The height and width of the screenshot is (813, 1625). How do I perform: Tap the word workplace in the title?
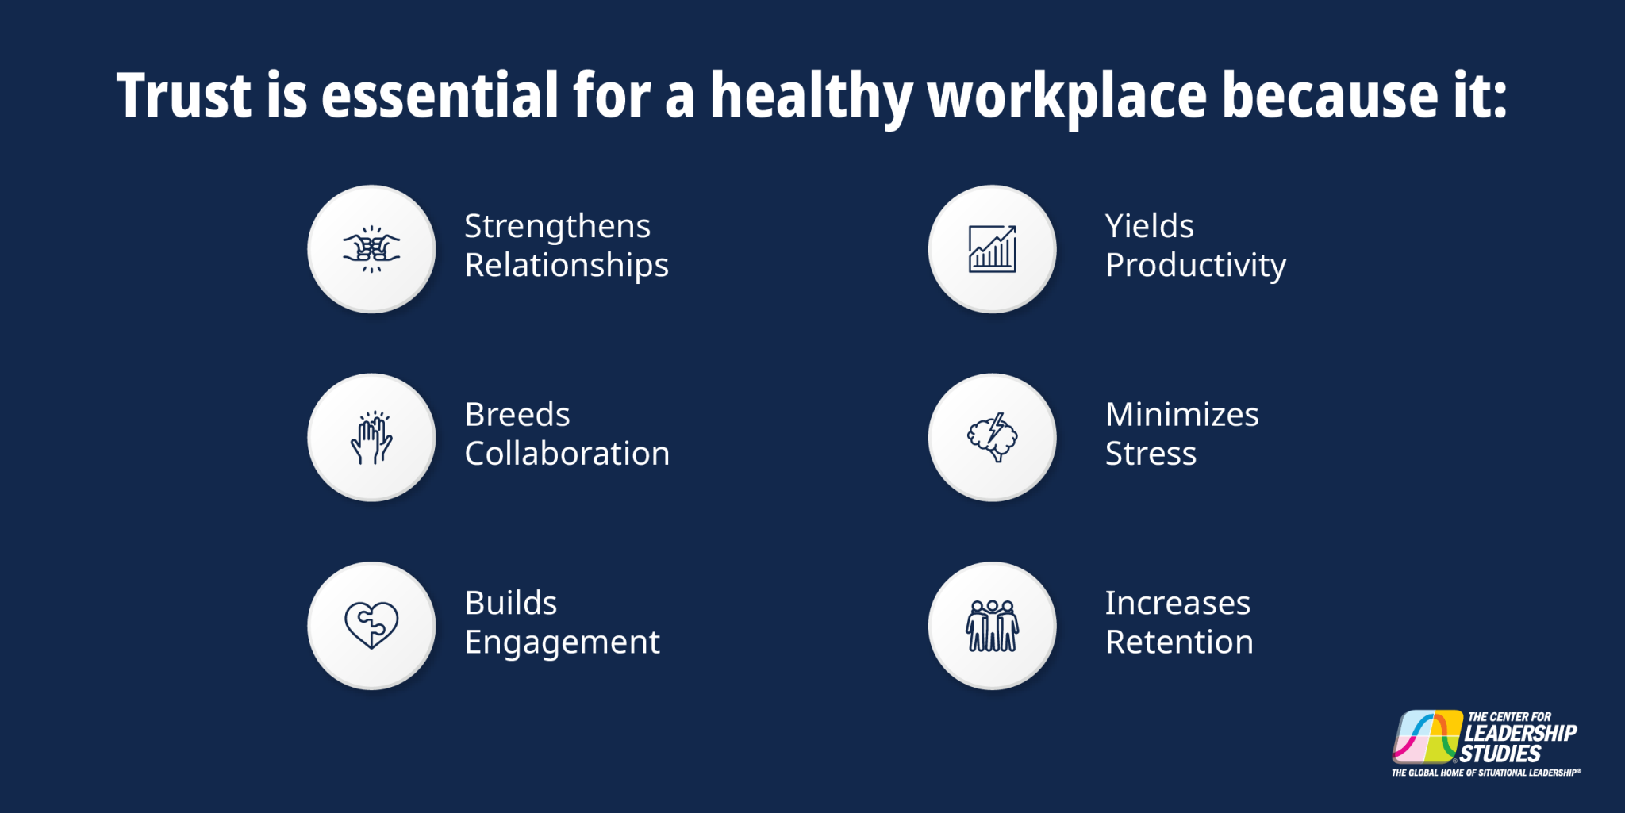click(1066, 96)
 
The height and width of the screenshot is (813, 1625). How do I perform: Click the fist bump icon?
click(371, 249)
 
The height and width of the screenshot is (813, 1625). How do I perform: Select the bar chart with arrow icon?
click(992, 249)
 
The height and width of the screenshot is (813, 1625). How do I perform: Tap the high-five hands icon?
click(371, 437)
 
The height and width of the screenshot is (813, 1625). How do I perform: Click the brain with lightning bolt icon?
click(992, 437)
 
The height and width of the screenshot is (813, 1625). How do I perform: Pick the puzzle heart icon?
click(371, 625)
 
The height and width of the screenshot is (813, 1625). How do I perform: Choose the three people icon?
click(992, 625)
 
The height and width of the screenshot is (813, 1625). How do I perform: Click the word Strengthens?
click(557, 227)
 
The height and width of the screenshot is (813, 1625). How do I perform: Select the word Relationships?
click(567, 266)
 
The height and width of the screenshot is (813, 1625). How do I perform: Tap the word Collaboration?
click(567, 454)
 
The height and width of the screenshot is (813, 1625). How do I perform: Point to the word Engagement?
click(562, 642)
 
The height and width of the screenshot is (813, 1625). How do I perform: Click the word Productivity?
click(1195, 266)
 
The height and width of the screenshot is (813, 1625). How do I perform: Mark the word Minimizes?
click(1181, 415)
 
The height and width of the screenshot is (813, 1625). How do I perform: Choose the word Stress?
click(1151, 454)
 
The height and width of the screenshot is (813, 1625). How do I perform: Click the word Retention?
click(1179, 642)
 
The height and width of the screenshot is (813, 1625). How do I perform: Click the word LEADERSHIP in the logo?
click(1520, 733)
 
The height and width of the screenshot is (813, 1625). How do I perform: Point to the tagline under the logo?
click(1485, 773)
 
